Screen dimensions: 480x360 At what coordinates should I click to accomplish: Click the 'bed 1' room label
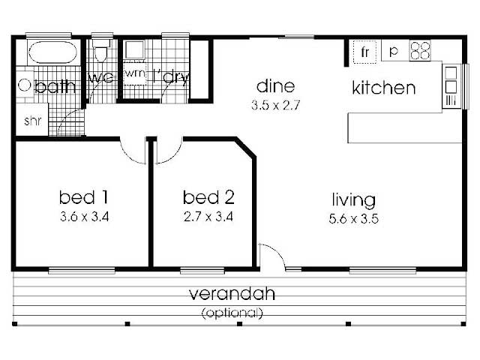click(83, 197)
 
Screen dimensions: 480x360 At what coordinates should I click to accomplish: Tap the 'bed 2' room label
click(208, 197)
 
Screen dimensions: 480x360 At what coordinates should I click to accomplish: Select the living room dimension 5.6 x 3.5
click(353, 219)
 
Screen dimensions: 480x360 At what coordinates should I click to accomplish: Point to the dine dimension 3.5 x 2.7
click(275, 105)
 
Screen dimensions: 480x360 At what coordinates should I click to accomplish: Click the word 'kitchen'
click(384, 88)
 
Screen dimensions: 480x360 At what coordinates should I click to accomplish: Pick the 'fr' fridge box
click(364, 52)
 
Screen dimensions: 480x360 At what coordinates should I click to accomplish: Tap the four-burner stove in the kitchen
click(420, 50)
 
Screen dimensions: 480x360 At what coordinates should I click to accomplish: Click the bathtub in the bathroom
click(52, 52)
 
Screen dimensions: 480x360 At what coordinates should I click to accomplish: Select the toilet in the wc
click(100, 50)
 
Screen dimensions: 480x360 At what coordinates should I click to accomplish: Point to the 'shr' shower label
click(32, 121)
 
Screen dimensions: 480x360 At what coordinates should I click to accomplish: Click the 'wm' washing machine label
click(135, 73)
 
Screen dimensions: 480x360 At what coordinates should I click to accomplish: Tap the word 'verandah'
click(232, 293)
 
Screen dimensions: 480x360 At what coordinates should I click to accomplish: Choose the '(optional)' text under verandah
click(232, 313)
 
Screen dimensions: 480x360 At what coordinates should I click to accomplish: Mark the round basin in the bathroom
click(24, 85)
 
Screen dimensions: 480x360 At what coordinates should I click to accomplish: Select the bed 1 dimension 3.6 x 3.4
click(84, 217)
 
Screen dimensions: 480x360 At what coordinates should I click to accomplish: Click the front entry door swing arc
click(277, 252)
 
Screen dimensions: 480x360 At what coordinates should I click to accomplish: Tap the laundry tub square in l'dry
click(134, 50)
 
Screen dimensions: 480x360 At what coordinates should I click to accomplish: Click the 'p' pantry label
click(393, 52)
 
